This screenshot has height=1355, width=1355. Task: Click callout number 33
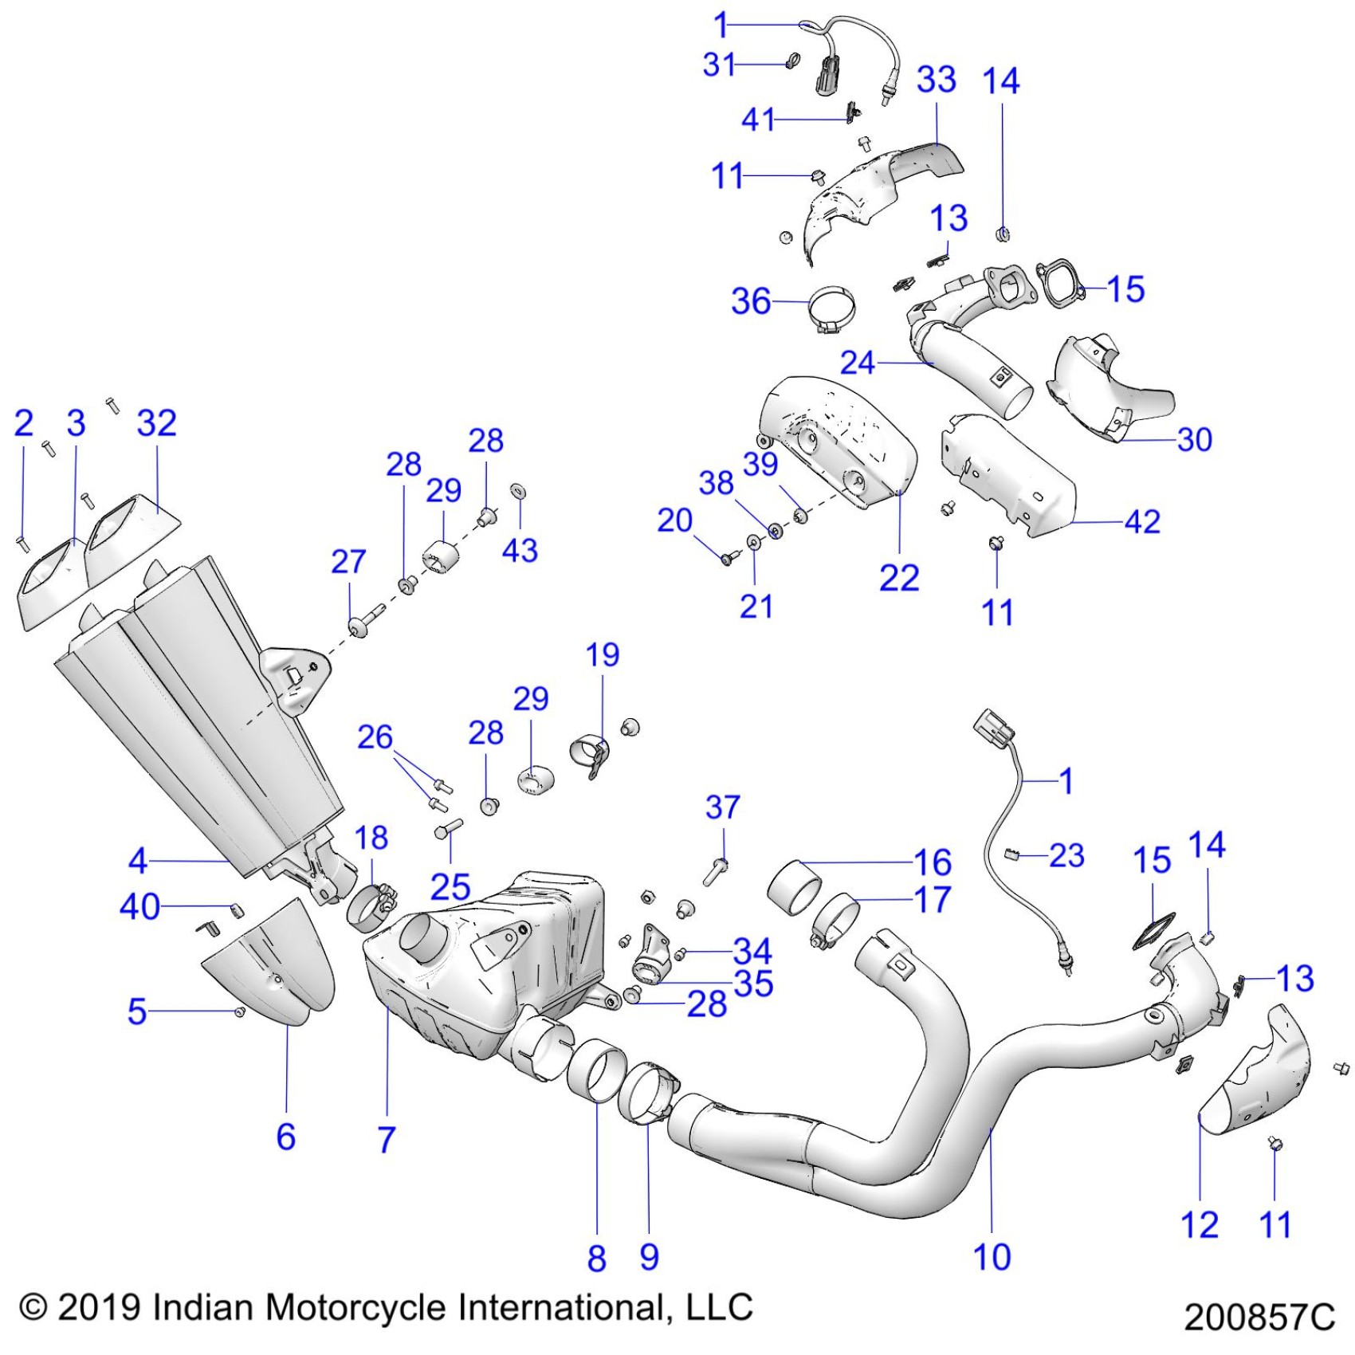click(x=936, y=81)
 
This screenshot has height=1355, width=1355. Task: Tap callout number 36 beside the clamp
click(x=751, y=301)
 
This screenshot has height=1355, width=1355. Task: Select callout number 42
click(x=1141, y=522)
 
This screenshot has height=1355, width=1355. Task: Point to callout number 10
click(x=992, y=1257)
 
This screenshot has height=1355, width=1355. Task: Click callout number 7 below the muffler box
click(x=387, y=1140)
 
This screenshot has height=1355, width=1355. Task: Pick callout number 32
click(x=156, y=423)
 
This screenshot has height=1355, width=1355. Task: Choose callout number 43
click(x=520, y=551)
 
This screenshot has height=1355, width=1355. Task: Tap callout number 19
click(x=602, y=655)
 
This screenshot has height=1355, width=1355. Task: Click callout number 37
click(x=722, y=807)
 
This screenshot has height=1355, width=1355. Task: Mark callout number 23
click(x=1066, y=856)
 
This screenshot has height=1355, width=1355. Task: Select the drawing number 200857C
click(x=1259, y=1317)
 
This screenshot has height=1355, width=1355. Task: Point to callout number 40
click(x=139, y=907)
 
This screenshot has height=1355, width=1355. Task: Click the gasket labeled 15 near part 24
click(x=1060, y=284)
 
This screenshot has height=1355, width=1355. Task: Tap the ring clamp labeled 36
click(x=832, y=309)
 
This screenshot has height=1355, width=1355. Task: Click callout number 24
click(x=858, y=363)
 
